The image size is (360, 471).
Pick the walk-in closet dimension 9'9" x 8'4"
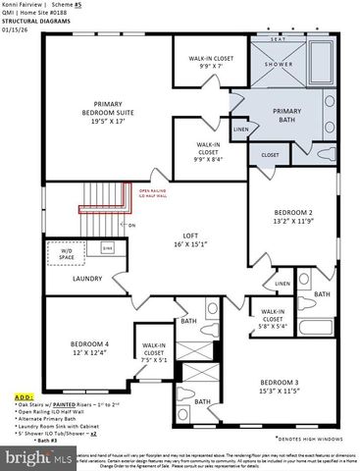[x=207, y=156]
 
